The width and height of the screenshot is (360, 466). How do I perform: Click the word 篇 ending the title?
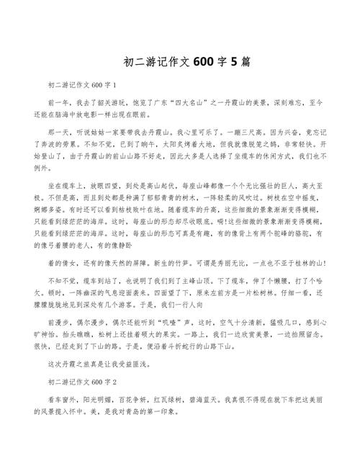(246, 62)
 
